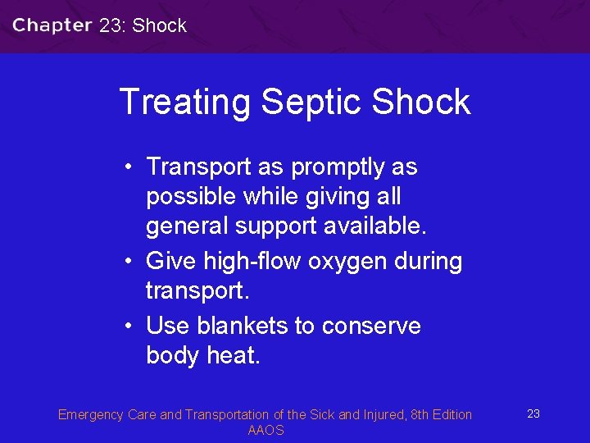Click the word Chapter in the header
(52, 25)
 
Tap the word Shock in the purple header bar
(159, 25)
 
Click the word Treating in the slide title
(184, 102)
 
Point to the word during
(430, 262)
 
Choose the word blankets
(243, 326)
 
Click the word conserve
(371, 326)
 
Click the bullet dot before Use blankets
(130, 326)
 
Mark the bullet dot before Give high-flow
(130, 262)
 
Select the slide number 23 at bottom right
(533, 413)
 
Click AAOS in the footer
(265, 431)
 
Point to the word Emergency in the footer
(90, 414)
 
